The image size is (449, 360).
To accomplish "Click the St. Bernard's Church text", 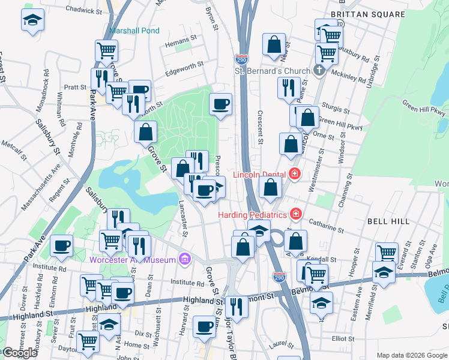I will (x=272, y=71).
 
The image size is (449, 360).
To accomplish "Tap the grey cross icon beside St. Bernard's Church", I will (x=319, y=71).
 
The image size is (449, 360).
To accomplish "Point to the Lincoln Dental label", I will (x=262, y=174).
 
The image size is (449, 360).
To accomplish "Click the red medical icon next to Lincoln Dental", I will (x=295, y=174).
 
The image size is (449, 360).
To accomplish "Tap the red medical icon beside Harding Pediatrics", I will (x=295, y=214).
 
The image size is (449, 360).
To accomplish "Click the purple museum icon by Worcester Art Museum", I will (x=185, y=260).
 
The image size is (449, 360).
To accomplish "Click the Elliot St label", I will (x=343, y=338).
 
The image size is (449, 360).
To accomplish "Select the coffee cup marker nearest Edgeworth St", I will (x=220, y=104).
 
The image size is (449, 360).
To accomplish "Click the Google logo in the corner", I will (x=20, y=353).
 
